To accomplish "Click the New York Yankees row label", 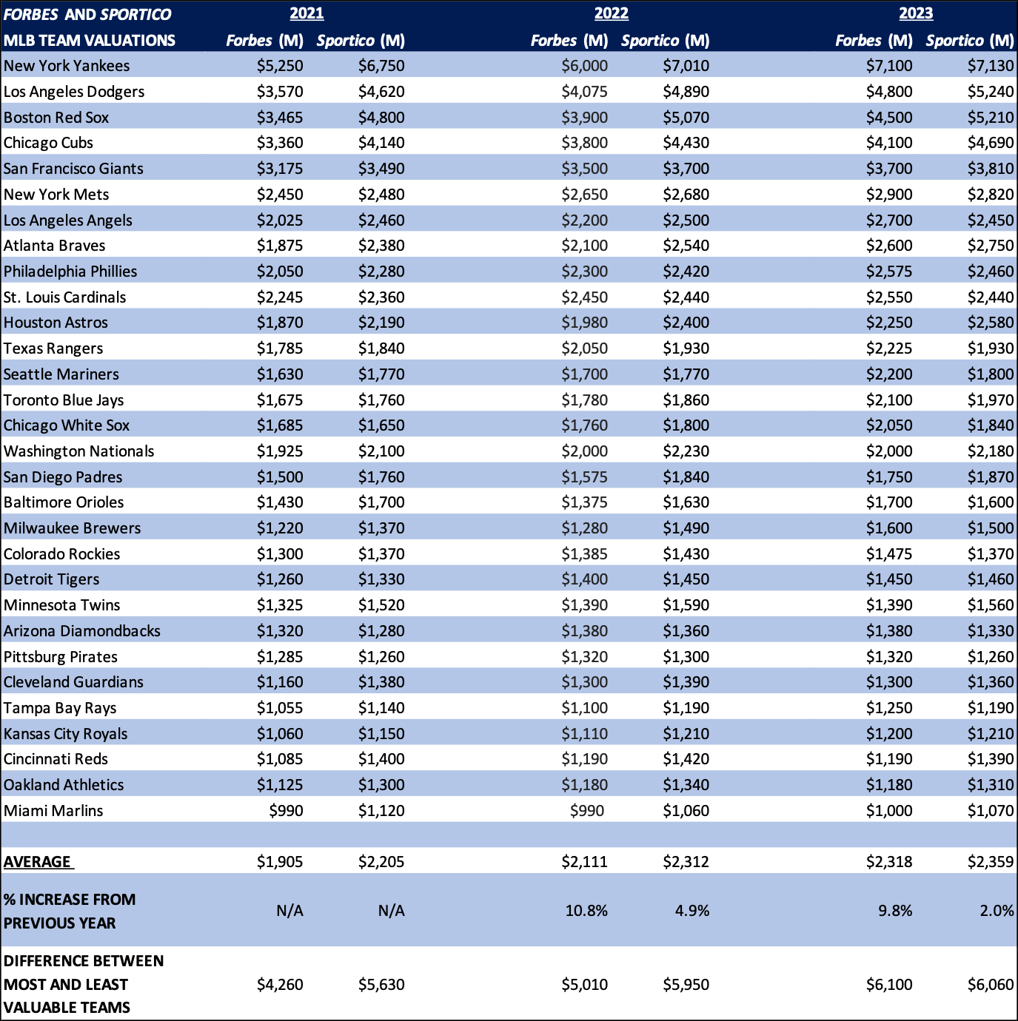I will click(67, 66).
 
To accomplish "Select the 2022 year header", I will click(611, 13).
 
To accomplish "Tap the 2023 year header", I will click(916, 13).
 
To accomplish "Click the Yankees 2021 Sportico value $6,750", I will click(381, 66).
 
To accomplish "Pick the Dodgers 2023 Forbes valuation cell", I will click(889, 92).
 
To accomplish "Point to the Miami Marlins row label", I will click(53, 811).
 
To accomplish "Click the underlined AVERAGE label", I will click(38, 862).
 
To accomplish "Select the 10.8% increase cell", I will click(586, 911).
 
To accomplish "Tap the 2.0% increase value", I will click(997, 911).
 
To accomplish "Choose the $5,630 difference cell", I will click(381, 985).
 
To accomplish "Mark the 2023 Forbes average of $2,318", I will click(889, 862).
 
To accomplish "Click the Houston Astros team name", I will click(56, 323).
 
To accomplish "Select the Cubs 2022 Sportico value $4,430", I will click(686, 143).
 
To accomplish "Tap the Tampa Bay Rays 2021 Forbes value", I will click(280, 708).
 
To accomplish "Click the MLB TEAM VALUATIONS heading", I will click(90, 41).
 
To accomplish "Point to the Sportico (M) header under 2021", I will click(361, 41).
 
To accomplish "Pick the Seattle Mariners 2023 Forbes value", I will click(889, 374).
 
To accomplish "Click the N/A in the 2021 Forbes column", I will click(289, 911).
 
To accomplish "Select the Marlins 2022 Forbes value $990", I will click(586, 811).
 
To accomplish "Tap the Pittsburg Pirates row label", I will click(61, 657).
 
